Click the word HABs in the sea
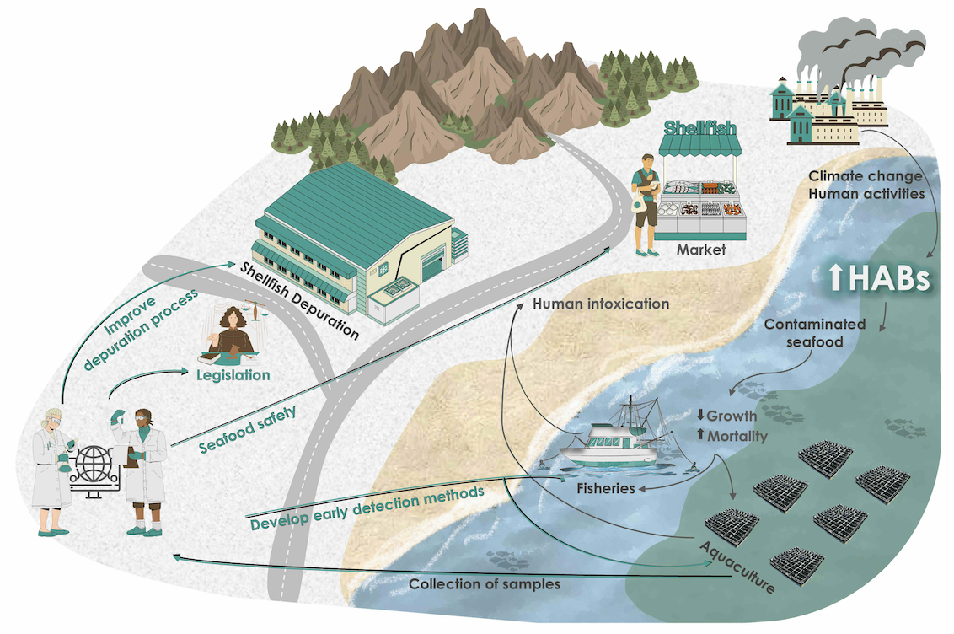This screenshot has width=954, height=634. pyautogui.click(x=889, y=278)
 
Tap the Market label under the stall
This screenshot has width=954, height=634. pyautogui.click(x=701, y=250)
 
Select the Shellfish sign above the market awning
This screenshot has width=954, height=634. pyautogui.click(x=699, y=128)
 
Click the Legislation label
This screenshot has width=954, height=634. pyautogui.click(x=233, y=375)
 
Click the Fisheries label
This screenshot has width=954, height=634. pyautogui.click(x=605, y=489)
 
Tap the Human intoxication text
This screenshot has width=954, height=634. pyautogui.click(x=601, y=304)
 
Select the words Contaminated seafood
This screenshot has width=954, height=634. pyautogui.click(x=815, y=333)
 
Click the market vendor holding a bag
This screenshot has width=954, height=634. pyautogui.click(x=646, y=204)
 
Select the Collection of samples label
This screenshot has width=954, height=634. pyautogui.click(x=485, y=584)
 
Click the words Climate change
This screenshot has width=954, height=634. pyautogui.click(x=866, y=176)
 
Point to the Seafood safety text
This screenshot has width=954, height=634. pyautogui.click(x=249, y=430)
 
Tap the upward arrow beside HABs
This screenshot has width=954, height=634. pyautogui.click(x=836, y=277)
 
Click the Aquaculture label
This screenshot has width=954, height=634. pyautogui.click(x=737, y=567)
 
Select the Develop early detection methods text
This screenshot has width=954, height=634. pyautogui.click(x=367, y=508)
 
